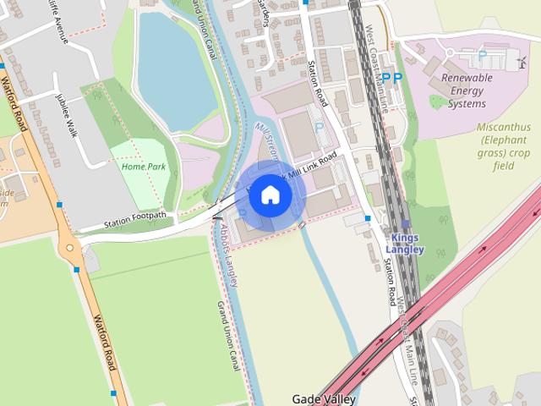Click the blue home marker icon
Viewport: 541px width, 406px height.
pos(270,195)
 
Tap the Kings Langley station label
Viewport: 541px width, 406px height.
pos(404,244)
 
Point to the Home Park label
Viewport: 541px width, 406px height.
pos(143,167)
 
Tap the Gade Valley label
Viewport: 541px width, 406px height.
pos(324,399)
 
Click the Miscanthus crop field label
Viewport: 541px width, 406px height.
pos(504,146)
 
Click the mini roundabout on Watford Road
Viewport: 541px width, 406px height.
pos(69,249)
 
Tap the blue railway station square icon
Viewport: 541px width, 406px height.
pos(406,224)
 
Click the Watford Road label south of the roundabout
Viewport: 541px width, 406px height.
pos(103,342)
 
